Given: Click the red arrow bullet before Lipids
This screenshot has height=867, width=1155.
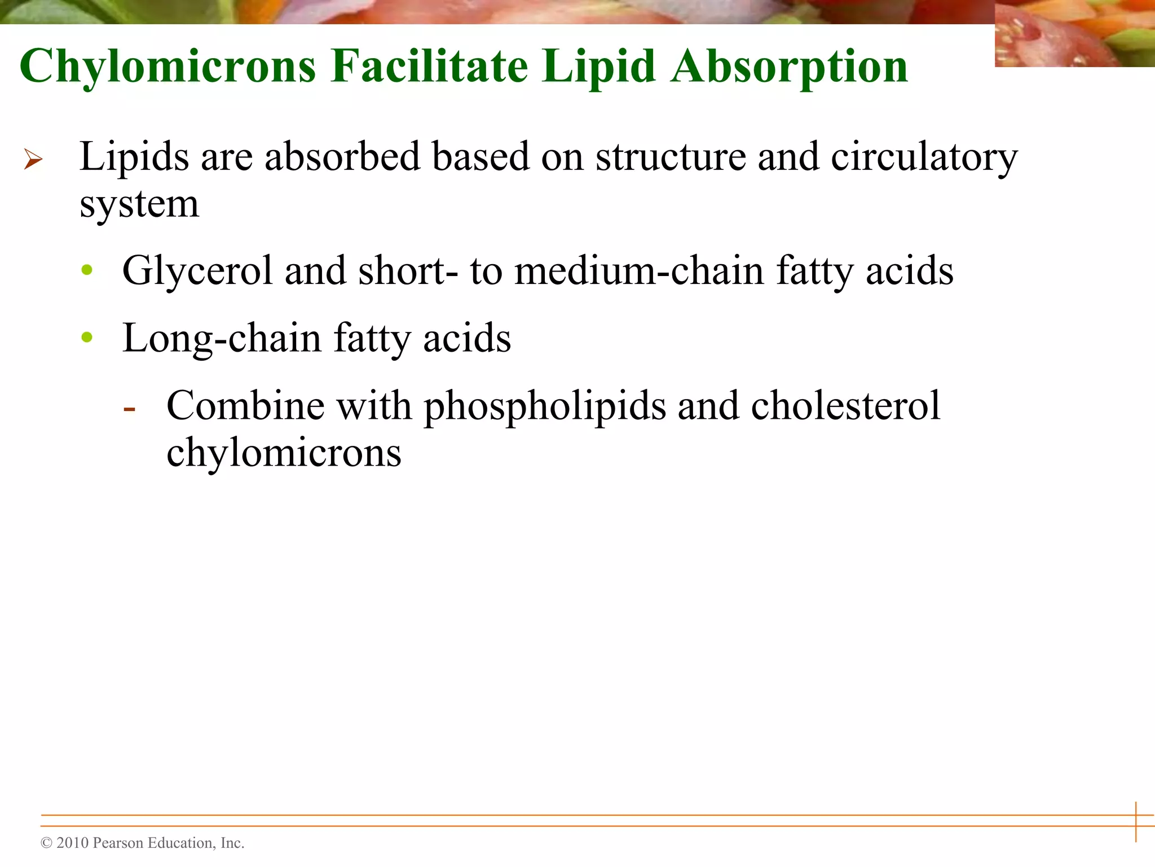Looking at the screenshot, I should click(33, 159).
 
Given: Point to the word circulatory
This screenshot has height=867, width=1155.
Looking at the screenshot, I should click(924, 157).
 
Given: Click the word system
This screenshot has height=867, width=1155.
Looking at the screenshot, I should click(139, 204).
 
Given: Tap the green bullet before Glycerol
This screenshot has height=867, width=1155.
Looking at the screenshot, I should click(87, 270).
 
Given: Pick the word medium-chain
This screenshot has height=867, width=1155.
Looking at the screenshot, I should click(640, 271).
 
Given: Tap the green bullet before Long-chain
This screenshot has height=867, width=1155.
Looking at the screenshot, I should click(87, 338).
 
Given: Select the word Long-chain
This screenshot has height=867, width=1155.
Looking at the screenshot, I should click(222, 339).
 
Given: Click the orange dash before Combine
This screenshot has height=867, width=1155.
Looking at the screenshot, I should click(130, 409).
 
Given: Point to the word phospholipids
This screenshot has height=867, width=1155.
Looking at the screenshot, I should click(545, 407).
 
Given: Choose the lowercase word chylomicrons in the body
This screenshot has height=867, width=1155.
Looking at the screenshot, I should click(284, 453).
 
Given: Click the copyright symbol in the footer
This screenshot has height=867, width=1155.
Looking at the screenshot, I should click(46, 843).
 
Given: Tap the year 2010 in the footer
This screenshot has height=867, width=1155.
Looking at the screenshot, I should click(73, 843).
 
